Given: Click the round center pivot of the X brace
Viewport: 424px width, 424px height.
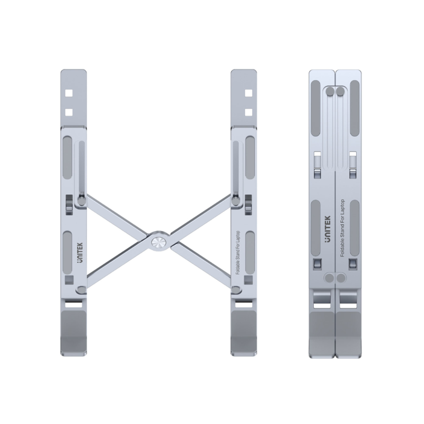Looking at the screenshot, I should (158, 242).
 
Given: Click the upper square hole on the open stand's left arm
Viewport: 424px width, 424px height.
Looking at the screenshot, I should (68, 93).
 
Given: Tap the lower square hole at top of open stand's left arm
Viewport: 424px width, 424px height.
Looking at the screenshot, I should (68, 112).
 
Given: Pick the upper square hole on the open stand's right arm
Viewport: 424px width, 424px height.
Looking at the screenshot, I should (248, 93).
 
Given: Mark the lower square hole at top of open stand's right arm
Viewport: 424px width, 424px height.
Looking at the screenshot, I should (248, 112).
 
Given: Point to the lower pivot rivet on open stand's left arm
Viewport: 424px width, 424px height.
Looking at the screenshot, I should (81, 290).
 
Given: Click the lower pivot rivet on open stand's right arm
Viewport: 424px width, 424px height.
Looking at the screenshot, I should (236, 290).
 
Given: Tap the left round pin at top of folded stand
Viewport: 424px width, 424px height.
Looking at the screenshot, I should (330, 92).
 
